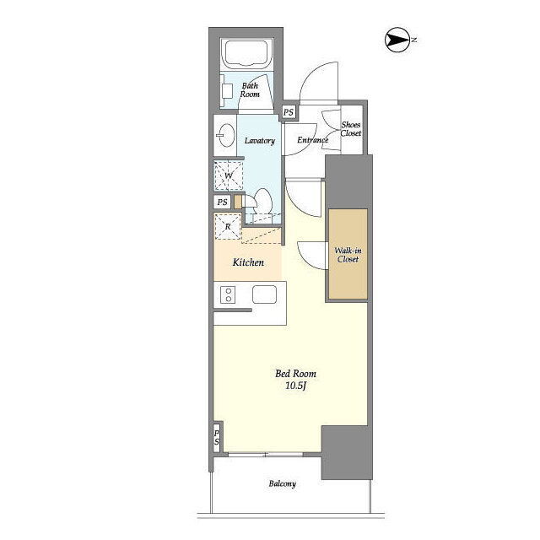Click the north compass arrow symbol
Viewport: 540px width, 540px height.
pyautogui.click(x=397, y=40)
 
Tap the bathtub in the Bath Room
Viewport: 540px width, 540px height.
pyautogui.click(x=246, y=53)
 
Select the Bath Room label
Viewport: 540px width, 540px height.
pyautogui.click(x=250, y=90)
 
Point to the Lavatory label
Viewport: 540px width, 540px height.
pyautogui.click(x=260, y=141)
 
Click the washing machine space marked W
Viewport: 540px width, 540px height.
pyautogui.click(x=229, y=175)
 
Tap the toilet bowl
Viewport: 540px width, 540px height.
pyautogui.click(x=263, y=201)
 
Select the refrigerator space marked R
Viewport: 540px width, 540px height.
pyautogui.click(x=228, y=227)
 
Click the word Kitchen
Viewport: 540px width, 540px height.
pyautogui.click(x=248, y=262)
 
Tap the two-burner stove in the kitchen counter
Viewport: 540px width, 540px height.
pyautogui.click(x=228, y=294)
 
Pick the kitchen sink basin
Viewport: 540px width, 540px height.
pyautogui.click(x=264, y=294)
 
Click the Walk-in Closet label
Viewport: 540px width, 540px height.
pyautogui.click(x=348, y=255)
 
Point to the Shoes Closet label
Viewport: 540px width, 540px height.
pyautogui.click(x=351, y=129)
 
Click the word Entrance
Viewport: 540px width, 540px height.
pyautogui.click(x=313, y=140)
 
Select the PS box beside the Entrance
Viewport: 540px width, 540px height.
pyautogui.click(x=289, y=112)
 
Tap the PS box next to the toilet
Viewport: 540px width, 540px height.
pyautogui.click(x=223, y=202)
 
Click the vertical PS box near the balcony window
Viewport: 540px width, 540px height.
pyautogui.click(x=217, y=437)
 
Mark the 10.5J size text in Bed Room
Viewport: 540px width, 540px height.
pyautogui.click(x=296, y=386)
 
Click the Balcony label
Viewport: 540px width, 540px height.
pyautogui.click(x=283, y=483)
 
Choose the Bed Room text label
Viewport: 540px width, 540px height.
pyautogui.click(x=295, y=374)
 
